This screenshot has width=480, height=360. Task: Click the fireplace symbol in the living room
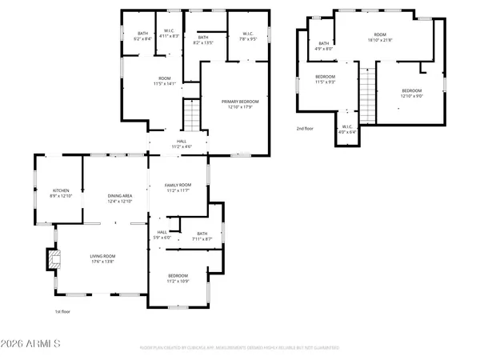pos(54,258)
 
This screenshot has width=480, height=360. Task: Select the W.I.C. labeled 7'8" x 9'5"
pos(248,35)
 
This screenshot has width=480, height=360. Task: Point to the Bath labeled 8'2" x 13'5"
pos(203,39)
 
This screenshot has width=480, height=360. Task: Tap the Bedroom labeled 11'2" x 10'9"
pos(178,278)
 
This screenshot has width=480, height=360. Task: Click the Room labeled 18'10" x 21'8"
pos(381,38)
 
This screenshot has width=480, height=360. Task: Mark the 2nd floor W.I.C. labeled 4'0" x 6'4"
pos(347,130)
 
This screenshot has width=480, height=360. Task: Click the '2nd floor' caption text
pos(306,128)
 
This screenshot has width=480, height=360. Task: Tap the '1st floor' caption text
pos(63,311)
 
